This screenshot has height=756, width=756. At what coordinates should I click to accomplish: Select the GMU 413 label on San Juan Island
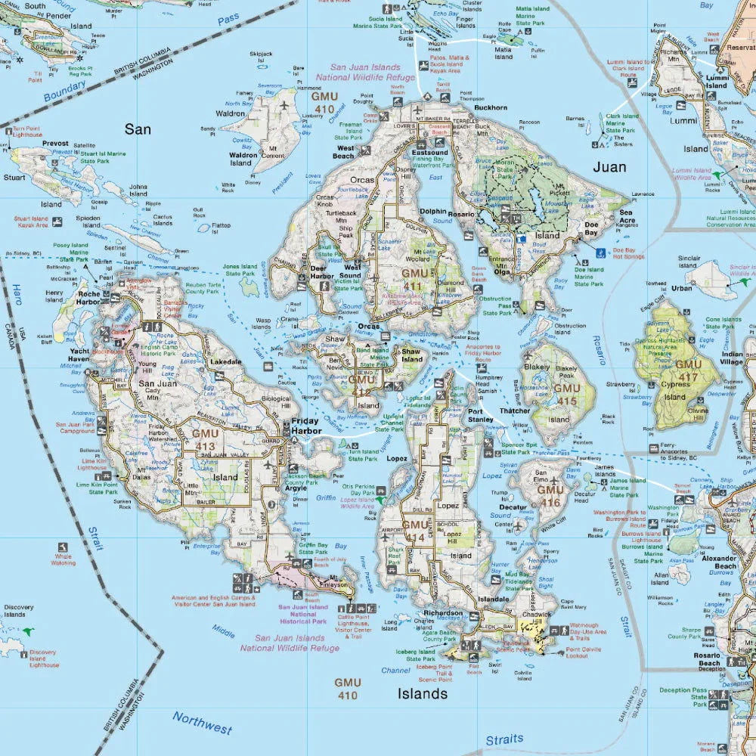(x=205, y=439)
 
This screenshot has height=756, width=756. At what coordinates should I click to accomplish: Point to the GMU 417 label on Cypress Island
(x=688, y=370)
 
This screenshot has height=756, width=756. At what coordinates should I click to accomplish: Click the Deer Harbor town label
(x=322, y=272)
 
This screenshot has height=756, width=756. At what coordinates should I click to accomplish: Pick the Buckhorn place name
(x=491, y=107)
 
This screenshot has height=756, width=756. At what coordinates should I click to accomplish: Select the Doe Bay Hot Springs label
(x=629, y=253)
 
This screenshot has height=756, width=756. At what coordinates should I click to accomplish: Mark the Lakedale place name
(x=227, y=362)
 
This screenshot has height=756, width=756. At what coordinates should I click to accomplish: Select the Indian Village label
(x=732, y=358)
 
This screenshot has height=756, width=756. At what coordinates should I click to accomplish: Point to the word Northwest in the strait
(x=202, y=723)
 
